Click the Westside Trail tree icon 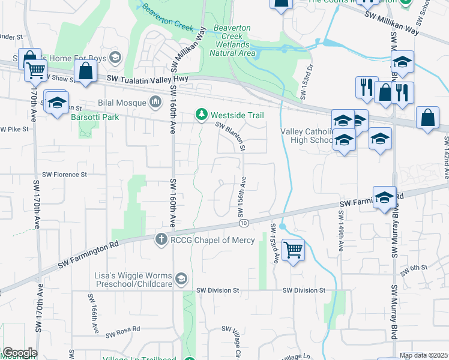click(202, 115)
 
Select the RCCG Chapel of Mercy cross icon click(161, 240)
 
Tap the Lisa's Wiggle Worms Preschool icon click(181, 279)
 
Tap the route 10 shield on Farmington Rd click(243, 223)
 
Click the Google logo click(19, 353)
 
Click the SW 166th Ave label click(94, 314)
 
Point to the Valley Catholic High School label click(306, 136)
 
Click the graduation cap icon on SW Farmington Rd click(384, 197)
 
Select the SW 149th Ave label click(339, 235)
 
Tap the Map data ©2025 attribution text click(423, 355)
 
